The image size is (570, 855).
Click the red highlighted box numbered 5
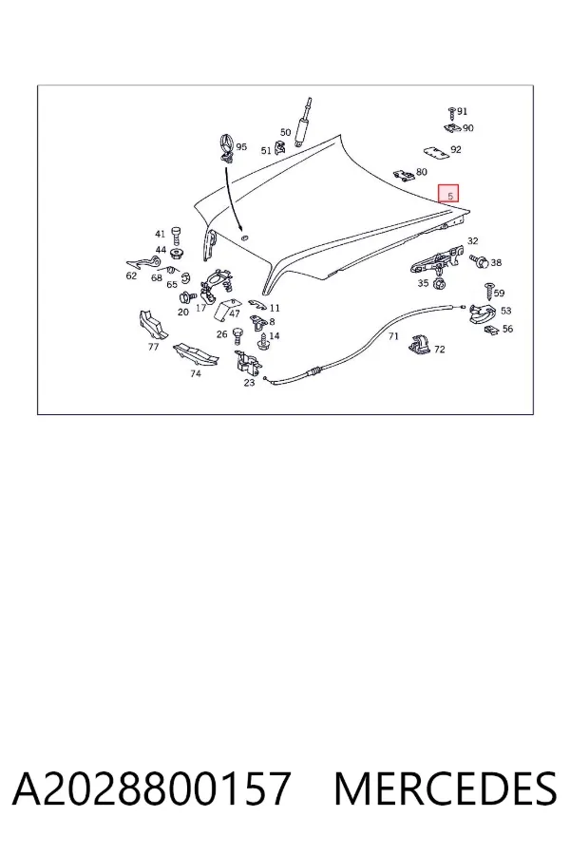tap(448, 194)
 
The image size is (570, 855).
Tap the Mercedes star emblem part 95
tap(227, 147)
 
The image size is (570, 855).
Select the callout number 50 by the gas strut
tap(285, 132)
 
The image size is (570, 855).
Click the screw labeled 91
tap(451, 113)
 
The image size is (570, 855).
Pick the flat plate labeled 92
tap(436, 153)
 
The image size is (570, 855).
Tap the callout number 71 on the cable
tap(393, 336)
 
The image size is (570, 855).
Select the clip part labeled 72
tap(420, 344)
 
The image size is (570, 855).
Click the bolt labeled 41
tap(176, 237)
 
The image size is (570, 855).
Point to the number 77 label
tap(153, 347)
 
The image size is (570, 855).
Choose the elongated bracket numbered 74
tap(196, 355)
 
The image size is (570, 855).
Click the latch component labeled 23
tap(247, 362)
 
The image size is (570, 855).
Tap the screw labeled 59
tap(489, 292)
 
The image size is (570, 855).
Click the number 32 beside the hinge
tap(472, 241)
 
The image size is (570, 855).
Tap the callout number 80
tap(422, 172)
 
